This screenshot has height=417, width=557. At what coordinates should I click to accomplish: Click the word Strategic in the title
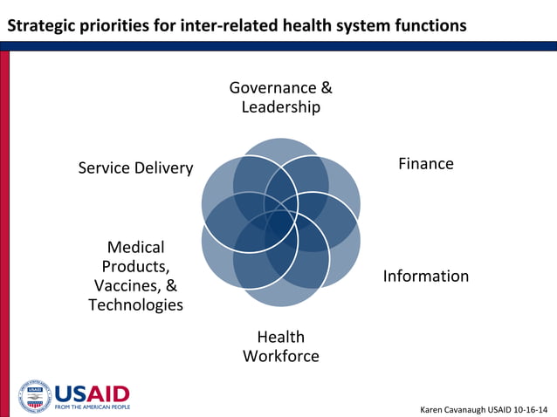point(41,26)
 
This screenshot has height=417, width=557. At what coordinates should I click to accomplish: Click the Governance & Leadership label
point(280,98)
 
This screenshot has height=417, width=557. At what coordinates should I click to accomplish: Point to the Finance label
point(426,164)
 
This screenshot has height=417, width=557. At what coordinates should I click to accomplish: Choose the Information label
point(426,277)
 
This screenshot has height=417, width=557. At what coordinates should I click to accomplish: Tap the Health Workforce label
point(280,346)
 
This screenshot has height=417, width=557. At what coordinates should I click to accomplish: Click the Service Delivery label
point(135,168)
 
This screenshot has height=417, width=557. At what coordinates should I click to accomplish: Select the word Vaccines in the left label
point(127,286)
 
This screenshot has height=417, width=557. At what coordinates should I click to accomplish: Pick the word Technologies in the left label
point(135,305)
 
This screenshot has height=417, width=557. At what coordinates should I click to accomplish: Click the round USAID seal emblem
point(35,397)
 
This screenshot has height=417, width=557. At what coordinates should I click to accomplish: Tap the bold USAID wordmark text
point(92,393)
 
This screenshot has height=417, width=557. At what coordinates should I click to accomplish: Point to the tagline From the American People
point(92,407)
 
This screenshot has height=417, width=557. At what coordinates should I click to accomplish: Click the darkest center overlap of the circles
point(280,222)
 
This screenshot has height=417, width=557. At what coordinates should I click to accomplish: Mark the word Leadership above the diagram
point(280,107)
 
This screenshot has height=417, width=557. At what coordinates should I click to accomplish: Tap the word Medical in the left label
point(135,248)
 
